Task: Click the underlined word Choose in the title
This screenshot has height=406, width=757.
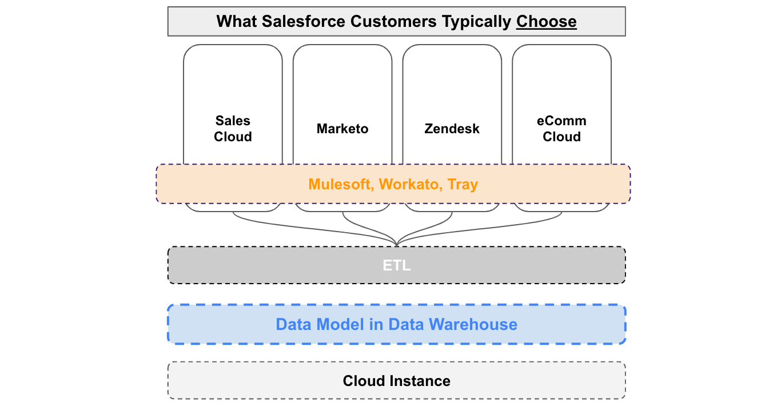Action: (x=546, y=22)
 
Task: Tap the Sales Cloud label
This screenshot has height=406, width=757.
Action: (x=233, y=129)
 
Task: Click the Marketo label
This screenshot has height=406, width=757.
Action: (x=342, y=129)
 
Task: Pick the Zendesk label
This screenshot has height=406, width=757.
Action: (x=452, y=129)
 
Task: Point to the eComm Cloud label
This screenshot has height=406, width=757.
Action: (x=561, y=129)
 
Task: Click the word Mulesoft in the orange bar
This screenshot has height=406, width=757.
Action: (x=341, y=184)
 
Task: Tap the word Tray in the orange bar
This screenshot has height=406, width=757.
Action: (x=463, y=184)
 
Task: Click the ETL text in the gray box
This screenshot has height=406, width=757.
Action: (x=396, y=266)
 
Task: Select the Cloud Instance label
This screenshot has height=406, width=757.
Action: (x=396, y=381)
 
